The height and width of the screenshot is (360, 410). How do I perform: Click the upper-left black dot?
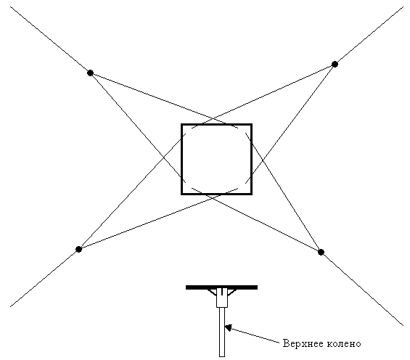[x=90, y=73]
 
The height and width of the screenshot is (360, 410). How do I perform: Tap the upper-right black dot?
[x=335, y=64]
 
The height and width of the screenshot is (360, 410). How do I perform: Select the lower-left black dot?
[x=78, y=249]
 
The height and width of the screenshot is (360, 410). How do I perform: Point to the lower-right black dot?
[x=321, y=252]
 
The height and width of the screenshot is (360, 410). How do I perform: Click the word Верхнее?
[x=303, y=343]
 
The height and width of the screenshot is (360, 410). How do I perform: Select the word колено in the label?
[x=344, y=343]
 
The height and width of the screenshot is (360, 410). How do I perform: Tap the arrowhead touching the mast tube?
[x=229, y=327]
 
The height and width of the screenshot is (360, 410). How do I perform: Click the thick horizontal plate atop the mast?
[x=222, y=287]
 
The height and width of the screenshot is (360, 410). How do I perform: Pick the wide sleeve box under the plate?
[x=222, y=298]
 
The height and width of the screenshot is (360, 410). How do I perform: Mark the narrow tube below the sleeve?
[x=222, y=332]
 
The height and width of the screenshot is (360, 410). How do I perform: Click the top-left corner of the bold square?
[x=181, y=124]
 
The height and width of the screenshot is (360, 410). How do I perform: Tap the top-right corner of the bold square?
[x=252, y=124]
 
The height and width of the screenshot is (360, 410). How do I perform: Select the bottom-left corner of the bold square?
[x=181, y=195]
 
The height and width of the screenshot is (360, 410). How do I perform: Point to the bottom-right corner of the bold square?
[x=252, y=195]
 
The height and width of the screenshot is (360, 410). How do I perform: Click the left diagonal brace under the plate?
[x=212, y=292]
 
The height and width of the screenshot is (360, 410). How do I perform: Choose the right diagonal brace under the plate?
[x=232, y=292]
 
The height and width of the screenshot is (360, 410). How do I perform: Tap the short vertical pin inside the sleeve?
[x=222, y=292]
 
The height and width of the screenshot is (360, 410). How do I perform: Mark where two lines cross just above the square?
[x=214, y=119]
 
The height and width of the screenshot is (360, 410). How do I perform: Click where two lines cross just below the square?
[x=213, y=197]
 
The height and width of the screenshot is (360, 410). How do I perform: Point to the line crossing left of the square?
[x=164, y=157]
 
